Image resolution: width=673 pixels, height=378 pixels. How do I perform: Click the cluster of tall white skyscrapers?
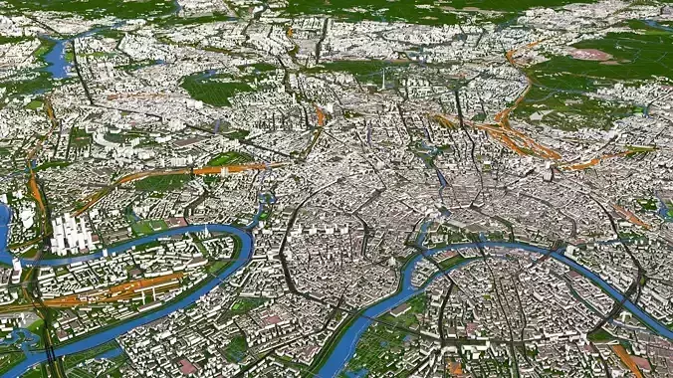(x=72, y=233)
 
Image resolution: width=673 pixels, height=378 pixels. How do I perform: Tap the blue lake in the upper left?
(x=58, y=58)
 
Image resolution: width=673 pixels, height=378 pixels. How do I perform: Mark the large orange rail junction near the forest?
(x=518, y=134)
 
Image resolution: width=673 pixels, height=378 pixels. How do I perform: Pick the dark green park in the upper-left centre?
(x=214, y=90)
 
